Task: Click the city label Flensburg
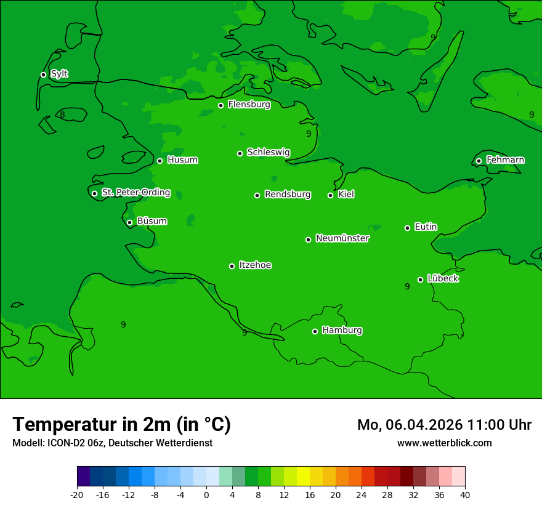249,105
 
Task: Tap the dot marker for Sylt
43,74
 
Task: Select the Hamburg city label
342,331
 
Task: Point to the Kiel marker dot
330,195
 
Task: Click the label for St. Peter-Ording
135,193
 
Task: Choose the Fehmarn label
505,160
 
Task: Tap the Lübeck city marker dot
420,280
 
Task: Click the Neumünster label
342,238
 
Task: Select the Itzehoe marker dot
232,266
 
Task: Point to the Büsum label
152,221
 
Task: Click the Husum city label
182,160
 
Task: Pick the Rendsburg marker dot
257,195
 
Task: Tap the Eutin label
426,227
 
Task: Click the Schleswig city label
268,152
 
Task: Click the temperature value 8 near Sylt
62,115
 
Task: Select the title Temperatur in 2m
121,424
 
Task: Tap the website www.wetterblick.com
444,443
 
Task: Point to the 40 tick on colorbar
465,494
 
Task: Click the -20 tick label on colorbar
77,494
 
